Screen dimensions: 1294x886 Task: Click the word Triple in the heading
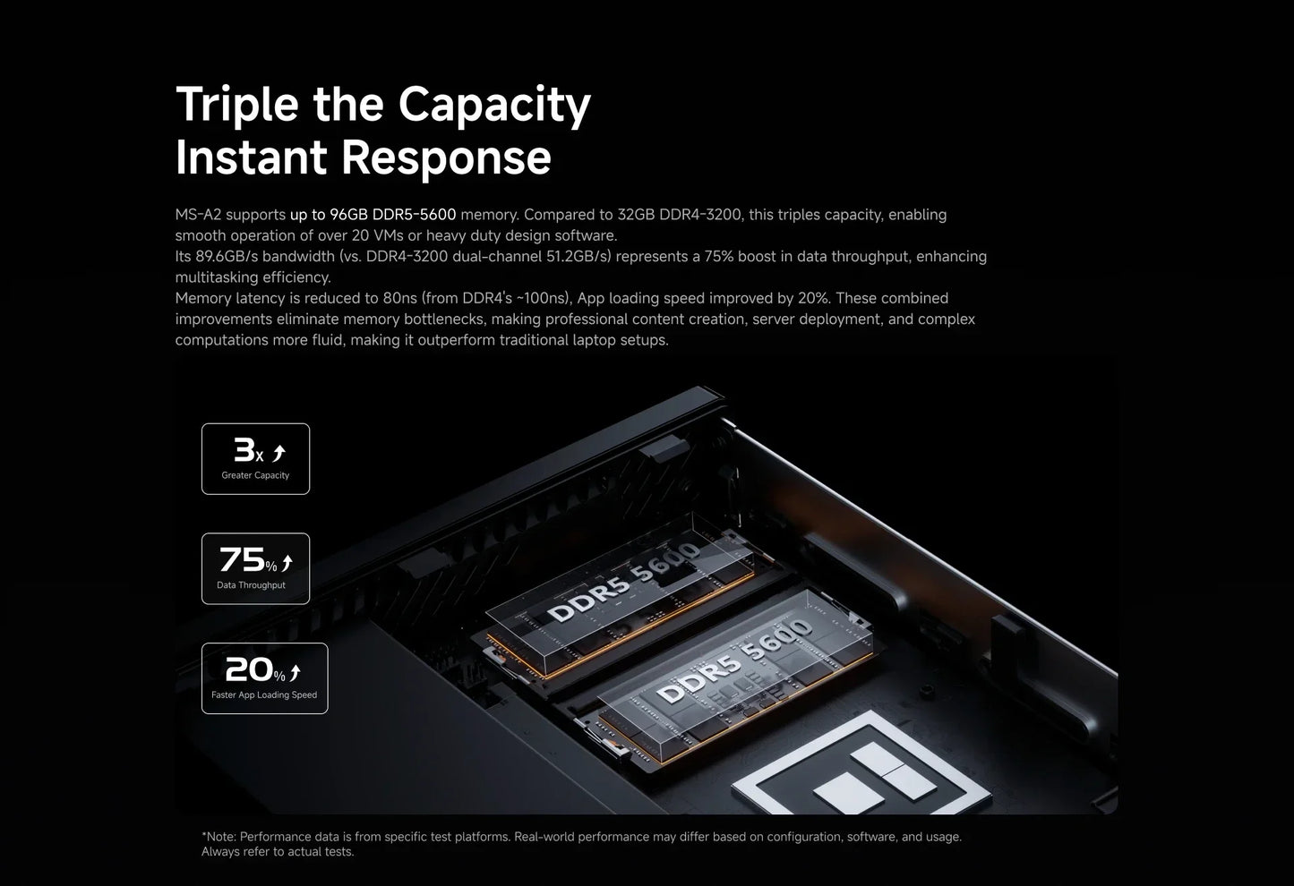coord(236,105)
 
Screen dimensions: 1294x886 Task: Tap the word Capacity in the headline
coord(494,105)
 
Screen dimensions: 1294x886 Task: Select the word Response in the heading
coord(446,158)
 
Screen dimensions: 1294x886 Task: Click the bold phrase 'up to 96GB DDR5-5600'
coord(373,215)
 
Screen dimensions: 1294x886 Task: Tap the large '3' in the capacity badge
coord(244,449)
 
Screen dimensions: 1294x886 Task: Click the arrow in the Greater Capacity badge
coord(279,453)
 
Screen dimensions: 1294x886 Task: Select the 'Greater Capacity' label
coord(255,475)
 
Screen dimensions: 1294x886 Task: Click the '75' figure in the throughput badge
coord(242,559)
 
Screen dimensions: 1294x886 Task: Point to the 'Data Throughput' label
coord(252,585)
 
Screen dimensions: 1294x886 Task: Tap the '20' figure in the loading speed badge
coord(249,669)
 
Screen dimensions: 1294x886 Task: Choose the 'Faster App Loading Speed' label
coord(264,695)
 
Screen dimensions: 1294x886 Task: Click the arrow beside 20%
coord(296,673)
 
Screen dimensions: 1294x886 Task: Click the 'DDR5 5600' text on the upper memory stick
coord(624,582)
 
